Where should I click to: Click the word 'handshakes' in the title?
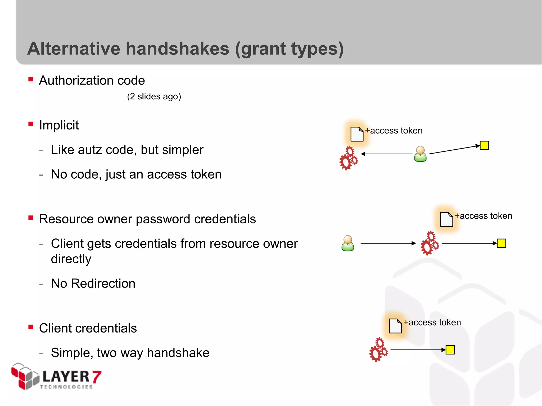(177, 49)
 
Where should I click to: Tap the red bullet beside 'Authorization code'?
(31, 79)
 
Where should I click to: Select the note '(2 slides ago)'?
(154, 96)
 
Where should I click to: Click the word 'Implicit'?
(59, 125)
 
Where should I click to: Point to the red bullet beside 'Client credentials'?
(31, 327)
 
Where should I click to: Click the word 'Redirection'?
(103, 283)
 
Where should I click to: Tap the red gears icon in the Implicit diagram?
(349, 158)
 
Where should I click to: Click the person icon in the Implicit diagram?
(420, 154)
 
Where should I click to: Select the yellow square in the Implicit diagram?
(484, 145)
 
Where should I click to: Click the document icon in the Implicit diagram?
(357, 134)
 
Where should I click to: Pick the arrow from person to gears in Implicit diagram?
(386, 154)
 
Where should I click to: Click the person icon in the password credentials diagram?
(348, 243)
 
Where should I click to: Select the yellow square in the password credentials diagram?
(501, 243)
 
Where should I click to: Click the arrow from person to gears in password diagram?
(388, 243)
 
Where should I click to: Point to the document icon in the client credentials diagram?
(395, 326)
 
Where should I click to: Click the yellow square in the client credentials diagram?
(450, 350)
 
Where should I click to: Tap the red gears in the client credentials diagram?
(378, 350)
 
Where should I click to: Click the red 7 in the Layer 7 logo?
(97, 377)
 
